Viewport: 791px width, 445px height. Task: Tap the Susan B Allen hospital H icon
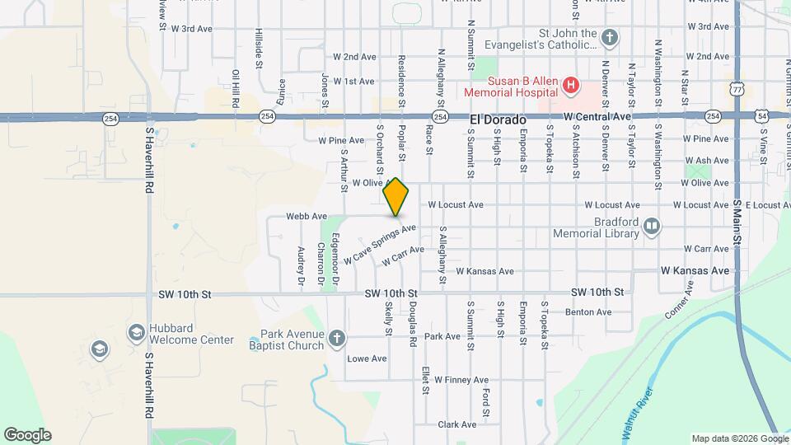569,84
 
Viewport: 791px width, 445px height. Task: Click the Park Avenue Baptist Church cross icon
337,339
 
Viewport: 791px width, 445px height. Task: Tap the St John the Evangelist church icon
609,37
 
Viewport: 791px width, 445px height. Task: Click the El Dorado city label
498,119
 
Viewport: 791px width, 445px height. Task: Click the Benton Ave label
588,312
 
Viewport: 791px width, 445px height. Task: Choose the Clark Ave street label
457,424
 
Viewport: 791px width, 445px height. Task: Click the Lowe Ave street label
367,358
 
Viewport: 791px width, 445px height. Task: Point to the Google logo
28,435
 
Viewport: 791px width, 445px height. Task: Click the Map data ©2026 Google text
738,438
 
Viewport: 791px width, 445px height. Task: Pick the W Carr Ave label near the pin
404,257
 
